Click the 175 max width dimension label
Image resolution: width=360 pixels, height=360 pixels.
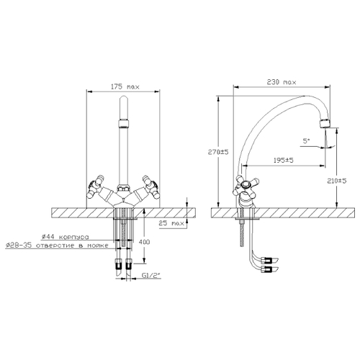click(125, 86)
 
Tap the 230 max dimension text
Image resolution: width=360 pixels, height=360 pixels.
click(282, 82)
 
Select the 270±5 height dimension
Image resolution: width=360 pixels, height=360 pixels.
click(218, 152)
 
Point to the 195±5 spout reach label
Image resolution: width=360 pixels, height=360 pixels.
click(284, 160)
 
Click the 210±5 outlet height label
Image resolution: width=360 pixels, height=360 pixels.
click(337, 181)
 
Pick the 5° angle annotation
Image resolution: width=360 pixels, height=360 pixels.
click(306, 141)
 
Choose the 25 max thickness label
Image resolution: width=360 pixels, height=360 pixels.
click(171, 223)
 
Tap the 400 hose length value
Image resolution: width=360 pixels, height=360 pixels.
click(144, 242)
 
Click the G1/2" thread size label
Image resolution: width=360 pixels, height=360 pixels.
click(151, 276)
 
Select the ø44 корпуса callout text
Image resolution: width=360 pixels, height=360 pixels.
click(65, 237)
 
